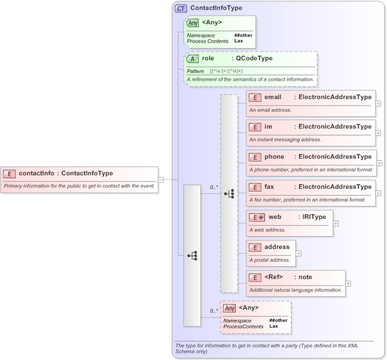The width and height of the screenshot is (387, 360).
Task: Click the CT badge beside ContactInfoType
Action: [181, 8]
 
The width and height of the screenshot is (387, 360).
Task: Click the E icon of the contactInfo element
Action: [10, 173]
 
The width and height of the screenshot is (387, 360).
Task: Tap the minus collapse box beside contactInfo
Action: [161, 179]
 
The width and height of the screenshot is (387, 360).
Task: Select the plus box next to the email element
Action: [378, 103]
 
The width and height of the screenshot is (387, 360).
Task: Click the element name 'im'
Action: [268, 127]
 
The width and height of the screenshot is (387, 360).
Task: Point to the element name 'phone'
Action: [274, 157]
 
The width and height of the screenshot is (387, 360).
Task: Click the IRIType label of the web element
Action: [313, 217]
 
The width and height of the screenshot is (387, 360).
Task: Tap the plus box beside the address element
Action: [299, 253]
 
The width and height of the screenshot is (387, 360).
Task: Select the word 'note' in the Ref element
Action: [305, 277]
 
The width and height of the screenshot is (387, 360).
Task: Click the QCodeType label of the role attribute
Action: [251, 58]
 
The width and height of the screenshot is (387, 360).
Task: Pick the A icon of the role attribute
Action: [192, 58]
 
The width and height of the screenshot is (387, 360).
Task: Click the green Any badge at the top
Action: [192, 23]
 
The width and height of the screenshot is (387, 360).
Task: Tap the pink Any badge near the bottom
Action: [229, 308]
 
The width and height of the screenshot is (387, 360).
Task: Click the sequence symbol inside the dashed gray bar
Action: [229, 194]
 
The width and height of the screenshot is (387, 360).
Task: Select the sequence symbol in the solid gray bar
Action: [192, 255]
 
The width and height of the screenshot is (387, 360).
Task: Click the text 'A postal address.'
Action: [270, 260]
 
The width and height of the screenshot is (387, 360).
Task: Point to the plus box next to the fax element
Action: [378, 193]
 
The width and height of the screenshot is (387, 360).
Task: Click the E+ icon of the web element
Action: [257, 217]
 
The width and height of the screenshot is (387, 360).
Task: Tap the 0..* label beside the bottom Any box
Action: [214, 311]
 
